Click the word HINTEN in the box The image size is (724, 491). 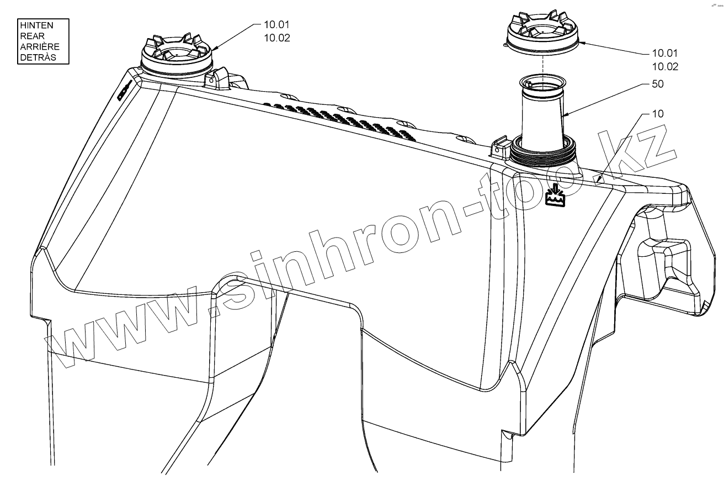[x=36, y=26]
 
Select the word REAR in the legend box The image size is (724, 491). [x=30, y=36]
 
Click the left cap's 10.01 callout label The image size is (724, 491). [x=276, y=25]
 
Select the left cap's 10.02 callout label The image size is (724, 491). [x=276, y=38]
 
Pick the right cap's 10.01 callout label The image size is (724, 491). [x=664, y=54]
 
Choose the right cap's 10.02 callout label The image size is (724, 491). [x=664, y=66]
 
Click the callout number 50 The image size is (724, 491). [x=658, y=84]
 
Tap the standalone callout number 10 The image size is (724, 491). [x=658, y=114]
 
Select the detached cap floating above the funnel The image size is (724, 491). [x=543, y=33]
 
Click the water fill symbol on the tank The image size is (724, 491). [x=556, y=195]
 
